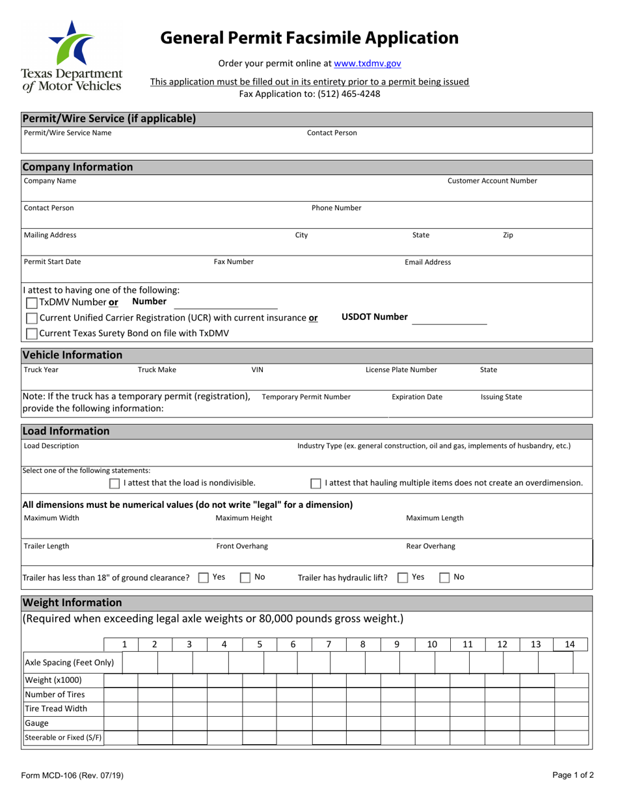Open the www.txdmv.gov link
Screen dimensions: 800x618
click(x=368, y=63)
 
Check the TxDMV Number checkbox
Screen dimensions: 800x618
click(x=31, y=302)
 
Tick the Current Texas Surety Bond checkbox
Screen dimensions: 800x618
click(x=31, y=334)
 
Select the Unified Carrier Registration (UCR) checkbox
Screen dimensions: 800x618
click(x=31, y=318)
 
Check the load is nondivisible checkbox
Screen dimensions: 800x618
click(x=114, y=483)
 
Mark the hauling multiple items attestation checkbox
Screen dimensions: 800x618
click(x=316, y=483)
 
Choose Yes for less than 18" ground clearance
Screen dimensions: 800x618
click(x=204, y=577)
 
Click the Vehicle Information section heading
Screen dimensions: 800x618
click(x=72, y=354)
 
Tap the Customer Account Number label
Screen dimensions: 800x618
click(x=492, y=180)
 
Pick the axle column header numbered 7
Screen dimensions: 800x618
click(x=329, y=644)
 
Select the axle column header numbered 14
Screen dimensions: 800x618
click(x=569, y=644)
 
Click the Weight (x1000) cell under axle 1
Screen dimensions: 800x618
click(x=121, y=680)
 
